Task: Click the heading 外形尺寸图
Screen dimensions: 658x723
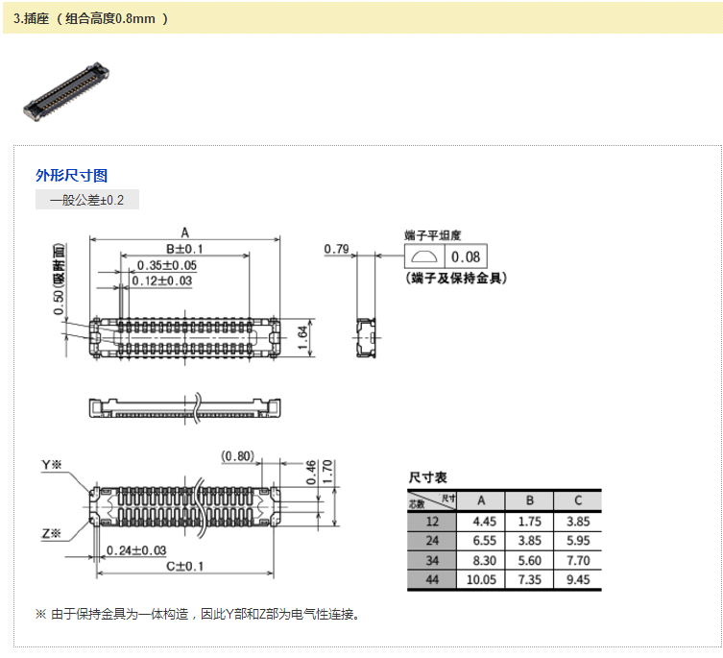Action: click(x=71, y=175)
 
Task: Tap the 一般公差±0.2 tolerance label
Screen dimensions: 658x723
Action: click(x=87, y=200)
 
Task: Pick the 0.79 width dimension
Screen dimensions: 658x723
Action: click(x=336, y=250)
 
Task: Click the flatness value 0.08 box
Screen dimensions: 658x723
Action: click(x=466, y=256)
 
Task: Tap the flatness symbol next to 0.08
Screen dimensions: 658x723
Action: click(x=422, y=256)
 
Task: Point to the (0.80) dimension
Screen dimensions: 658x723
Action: click(x=236, y=455)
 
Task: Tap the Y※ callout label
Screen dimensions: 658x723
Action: click(x=51, y=465)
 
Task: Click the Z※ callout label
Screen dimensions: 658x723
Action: click(x=51, y=533)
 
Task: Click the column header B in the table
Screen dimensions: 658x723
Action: click(x=529, y=500)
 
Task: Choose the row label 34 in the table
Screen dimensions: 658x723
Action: click(x=432, y=560)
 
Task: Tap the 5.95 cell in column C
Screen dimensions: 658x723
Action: click(x=577, y=541)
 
